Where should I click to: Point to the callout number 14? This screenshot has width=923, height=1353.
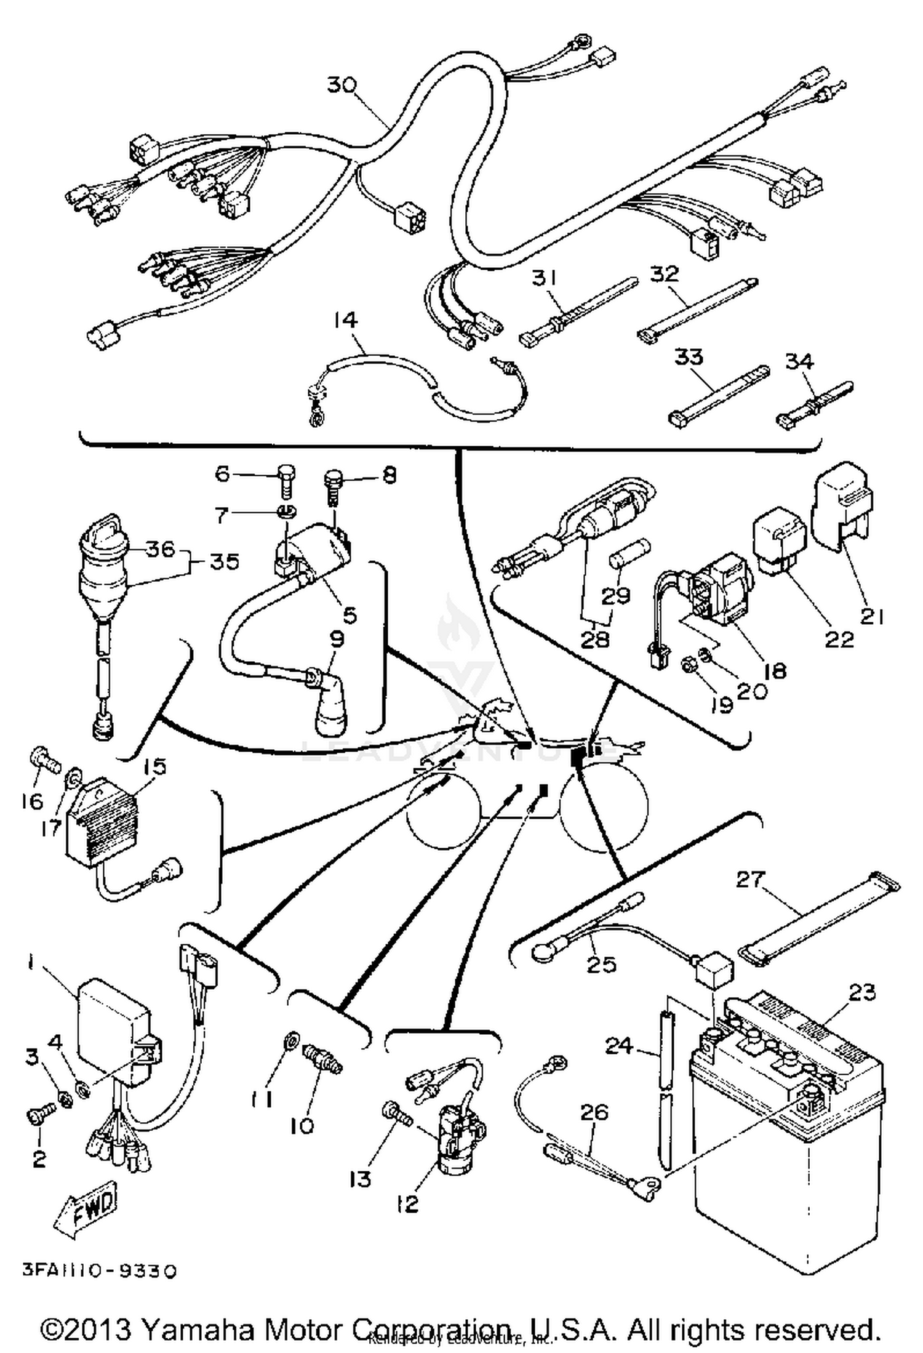coord(346,320)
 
